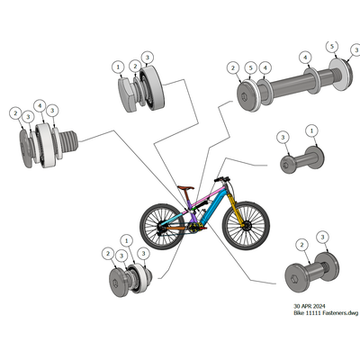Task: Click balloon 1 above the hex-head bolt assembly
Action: (x=118, y=67)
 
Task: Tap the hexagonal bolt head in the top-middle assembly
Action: (x=128, y=94)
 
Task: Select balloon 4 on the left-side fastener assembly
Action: (x=40, y=105)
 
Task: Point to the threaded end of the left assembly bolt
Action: (x=71, y=140)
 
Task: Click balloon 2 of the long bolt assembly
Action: (x=233, y=68)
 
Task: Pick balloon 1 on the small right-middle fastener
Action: (x=311, y=130)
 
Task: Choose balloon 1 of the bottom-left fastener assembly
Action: (x=127, y=240)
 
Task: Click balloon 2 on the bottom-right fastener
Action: (x=301, y=245)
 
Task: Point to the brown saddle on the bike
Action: (x=185, y=188)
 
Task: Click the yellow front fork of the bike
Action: (x=236, y=210)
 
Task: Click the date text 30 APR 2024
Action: (x=309, y=306)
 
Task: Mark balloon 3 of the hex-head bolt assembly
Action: (x=147, y=58)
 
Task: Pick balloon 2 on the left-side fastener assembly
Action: (x=15, y=113)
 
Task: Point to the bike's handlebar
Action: (x=222, y=179)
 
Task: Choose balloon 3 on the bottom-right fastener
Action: (x=322, y=237)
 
